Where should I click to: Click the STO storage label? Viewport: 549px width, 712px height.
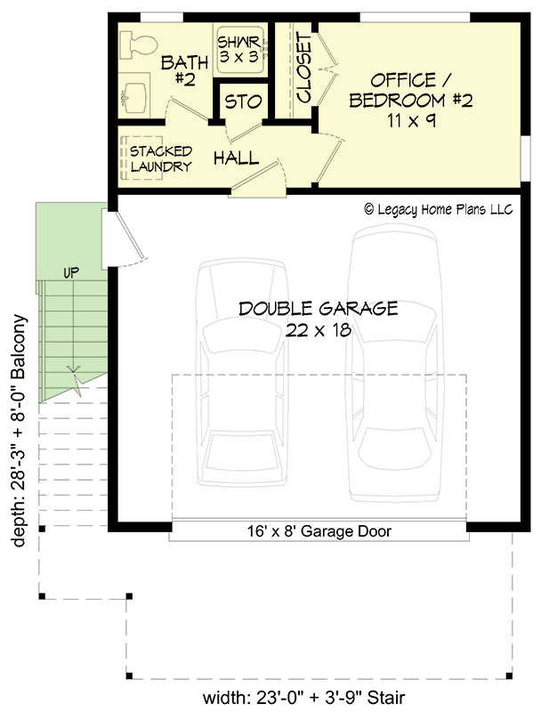[x=241, y=102]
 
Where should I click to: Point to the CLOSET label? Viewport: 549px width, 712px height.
[x=303, y=69]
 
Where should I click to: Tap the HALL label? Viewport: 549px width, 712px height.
[x=236, y=158]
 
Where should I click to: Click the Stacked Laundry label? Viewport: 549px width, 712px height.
[x=160, y=158]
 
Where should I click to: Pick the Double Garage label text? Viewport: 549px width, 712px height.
[x=318, y=309]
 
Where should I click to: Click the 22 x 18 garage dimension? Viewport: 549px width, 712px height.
[x=319, y=330]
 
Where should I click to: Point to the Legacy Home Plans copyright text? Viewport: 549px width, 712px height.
[x=439, y=210]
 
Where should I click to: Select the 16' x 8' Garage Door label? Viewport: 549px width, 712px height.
[x=319, y=531]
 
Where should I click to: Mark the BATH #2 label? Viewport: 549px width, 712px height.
[x=185, y=70]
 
